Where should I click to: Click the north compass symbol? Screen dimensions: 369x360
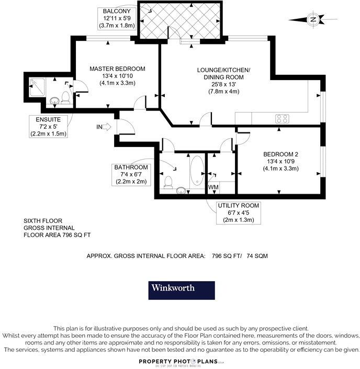(x=313, y=20)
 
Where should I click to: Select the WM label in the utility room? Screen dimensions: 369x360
(x=213, y=187)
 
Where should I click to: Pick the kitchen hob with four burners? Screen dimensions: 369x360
(x=283, y=119)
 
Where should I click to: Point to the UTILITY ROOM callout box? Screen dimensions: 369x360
(x=238, y=213)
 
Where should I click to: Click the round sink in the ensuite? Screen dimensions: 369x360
(x=55, y=100)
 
